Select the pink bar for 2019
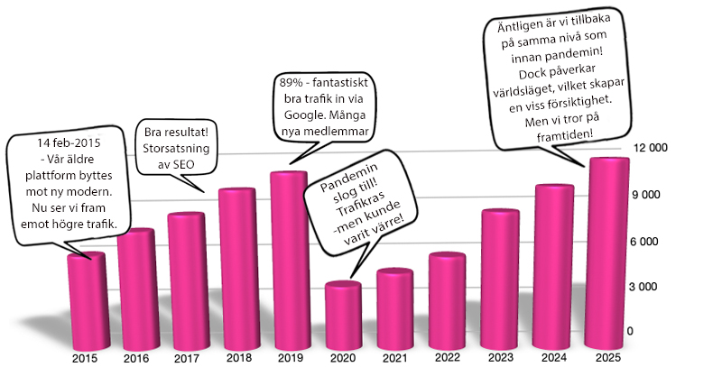coord(289,261)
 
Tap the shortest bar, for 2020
coord(342,316)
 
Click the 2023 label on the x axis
coord(502,357)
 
